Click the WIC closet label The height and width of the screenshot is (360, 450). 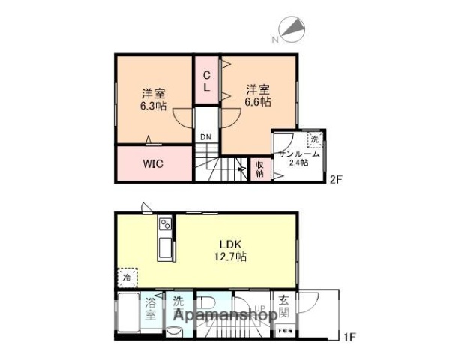(153, 163)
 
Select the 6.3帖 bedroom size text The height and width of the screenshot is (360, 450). (154, 100)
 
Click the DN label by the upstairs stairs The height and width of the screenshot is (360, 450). (205, 136)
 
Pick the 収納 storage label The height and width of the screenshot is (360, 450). (259, 169)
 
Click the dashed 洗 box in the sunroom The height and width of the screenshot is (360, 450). (315, 139)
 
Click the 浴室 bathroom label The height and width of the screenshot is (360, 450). (151, 308)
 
